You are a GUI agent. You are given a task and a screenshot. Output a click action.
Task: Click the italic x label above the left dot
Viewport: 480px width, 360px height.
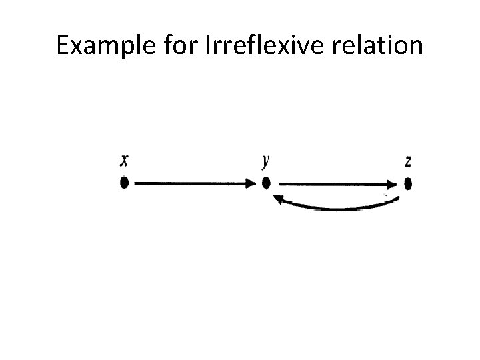[x=124, y=161]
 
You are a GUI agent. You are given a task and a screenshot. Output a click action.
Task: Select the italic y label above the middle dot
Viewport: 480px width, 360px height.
[x=266, y=161]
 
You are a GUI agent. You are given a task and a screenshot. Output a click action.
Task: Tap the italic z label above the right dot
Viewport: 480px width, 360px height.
[x=408, y=162]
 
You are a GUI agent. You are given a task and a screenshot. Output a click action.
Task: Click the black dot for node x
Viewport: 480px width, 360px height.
[x=124, y=183]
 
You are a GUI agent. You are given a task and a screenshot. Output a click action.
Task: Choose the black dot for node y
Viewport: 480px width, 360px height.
[x=266, y=183]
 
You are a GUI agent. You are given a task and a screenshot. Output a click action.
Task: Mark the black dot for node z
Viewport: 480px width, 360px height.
[x=408, y=183]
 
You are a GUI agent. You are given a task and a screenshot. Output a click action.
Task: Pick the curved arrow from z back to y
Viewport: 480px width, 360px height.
[x=337, y=208]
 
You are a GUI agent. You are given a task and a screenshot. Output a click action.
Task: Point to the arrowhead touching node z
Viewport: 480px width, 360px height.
[x=395, y=183]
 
